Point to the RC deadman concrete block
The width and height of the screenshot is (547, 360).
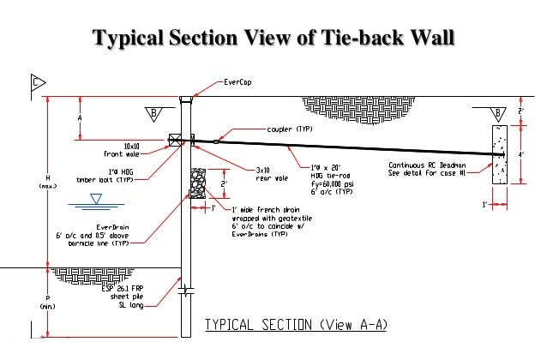[x=499, y=155]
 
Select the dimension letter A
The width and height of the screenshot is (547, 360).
[x=80, y=117]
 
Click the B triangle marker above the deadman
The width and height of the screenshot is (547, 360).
[x=497, y=112]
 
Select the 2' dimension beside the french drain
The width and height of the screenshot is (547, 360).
[x=224, y=183]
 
